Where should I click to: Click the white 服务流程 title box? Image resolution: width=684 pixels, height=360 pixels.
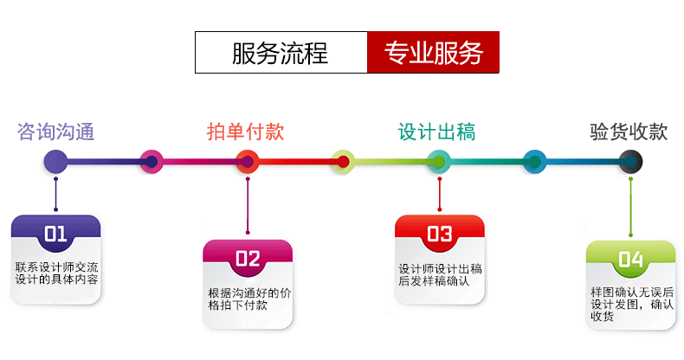point(281,53)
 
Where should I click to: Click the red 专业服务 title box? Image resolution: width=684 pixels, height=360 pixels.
point(433,53)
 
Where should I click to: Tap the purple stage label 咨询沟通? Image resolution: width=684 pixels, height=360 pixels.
point(55,132)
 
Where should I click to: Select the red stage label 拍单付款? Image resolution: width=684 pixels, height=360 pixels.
point(245,132)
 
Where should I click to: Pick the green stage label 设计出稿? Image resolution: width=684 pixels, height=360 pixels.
point(436,132)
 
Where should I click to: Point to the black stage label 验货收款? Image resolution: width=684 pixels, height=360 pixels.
point(629,132)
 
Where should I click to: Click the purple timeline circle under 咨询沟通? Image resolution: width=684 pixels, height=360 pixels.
point(55,161)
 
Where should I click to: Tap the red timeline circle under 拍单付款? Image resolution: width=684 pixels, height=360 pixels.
point(248,161)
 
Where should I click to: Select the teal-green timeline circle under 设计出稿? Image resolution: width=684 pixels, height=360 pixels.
point(439,161)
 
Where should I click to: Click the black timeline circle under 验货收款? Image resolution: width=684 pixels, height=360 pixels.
point(630,161)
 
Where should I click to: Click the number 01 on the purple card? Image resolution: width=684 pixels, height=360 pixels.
point(55,233)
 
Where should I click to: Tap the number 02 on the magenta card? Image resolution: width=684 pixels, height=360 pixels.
point(248,258)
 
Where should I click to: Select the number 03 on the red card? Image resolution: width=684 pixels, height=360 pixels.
point(439,233)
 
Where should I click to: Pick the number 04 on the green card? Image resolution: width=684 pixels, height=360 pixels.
point(630,258)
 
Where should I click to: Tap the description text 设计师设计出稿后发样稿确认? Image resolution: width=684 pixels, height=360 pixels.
point(439,274)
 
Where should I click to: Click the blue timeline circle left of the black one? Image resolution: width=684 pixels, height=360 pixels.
point(535,161)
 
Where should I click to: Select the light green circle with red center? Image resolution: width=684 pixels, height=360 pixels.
point(343,161)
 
